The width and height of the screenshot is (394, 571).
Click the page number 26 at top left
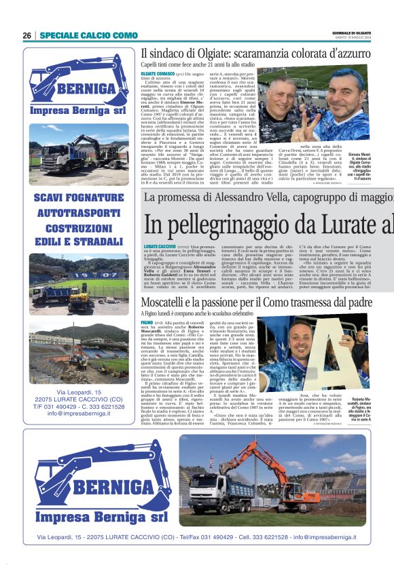[26, 35]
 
